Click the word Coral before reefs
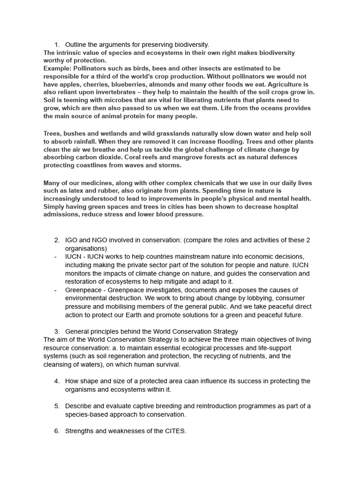pos(119,157)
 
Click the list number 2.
pos(57,240)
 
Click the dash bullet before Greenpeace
pos(55,290)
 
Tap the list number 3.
pos(57,331)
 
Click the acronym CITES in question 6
pos(175,431)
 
